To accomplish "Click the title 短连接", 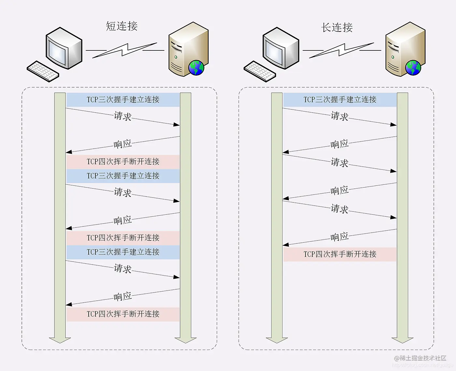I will coord(121,26).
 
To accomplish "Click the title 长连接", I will coord(337,27).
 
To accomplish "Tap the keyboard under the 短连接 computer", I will coord(43,71).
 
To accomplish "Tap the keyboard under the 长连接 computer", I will coord(260,71).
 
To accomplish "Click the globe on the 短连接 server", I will coord(196,68).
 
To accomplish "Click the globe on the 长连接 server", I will coord(413,68).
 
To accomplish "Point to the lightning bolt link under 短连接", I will coord(125,50).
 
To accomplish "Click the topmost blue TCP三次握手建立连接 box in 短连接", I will coord(123,100).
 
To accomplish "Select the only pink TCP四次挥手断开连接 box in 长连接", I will coord(340,254).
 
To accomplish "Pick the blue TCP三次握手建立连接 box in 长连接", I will coord(340,100).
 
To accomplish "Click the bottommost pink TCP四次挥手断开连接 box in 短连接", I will coord(123,314).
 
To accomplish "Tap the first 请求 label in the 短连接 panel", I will coord(122,116).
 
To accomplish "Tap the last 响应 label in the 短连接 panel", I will coord(122,296).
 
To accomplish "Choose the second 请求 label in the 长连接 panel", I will coord(339,162).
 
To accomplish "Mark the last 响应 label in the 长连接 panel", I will coord(339,237).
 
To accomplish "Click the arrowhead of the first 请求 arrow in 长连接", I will coord(394,124).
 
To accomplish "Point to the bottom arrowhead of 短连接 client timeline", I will coord(60,340).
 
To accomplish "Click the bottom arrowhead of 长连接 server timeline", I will coord(403,340).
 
